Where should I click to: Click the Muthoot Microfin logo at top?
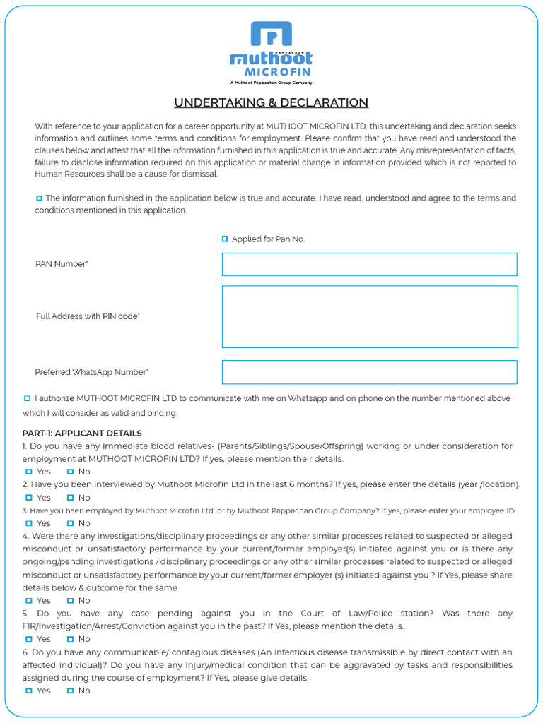coord(271,53)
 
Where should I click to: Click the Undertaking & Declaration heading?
coord(271,103)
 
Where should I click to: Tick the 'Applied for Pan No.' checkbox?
coord(225,239)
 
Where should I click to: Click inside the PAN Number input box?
coord(369,264)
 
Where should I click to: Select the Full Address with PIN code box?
coord(369,316)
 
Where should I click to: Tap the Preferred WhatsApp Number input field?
coord(369,372)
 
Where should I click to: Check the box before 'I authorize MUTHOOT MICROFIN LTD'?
coord(27,399)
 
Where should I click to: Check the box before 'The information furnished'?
coord(39,198)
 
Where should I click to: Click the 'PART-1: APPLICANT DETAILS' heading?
coord(82,434)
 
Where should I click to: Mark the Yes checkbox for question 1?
coord(29,472)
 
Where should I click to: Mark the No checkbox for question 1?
coord(70,472)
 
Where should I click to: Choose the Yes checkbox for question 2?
coord(29,498)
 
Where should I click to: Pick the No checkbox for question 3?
coord(70,523)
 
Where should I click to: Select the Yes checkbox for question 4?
coord(29,601)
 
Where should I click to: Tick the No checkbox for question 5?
coord(70,639)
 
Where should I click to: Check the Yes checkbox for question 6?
coord(29,691)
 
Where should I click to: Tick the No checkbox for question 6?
coord(70,691)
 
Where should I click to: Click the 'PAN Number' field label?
coord(62,264)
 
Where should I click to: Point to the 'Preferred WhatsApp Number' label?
coord(91,372)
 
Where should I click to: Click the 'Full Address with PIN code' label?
coord(88,316)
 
